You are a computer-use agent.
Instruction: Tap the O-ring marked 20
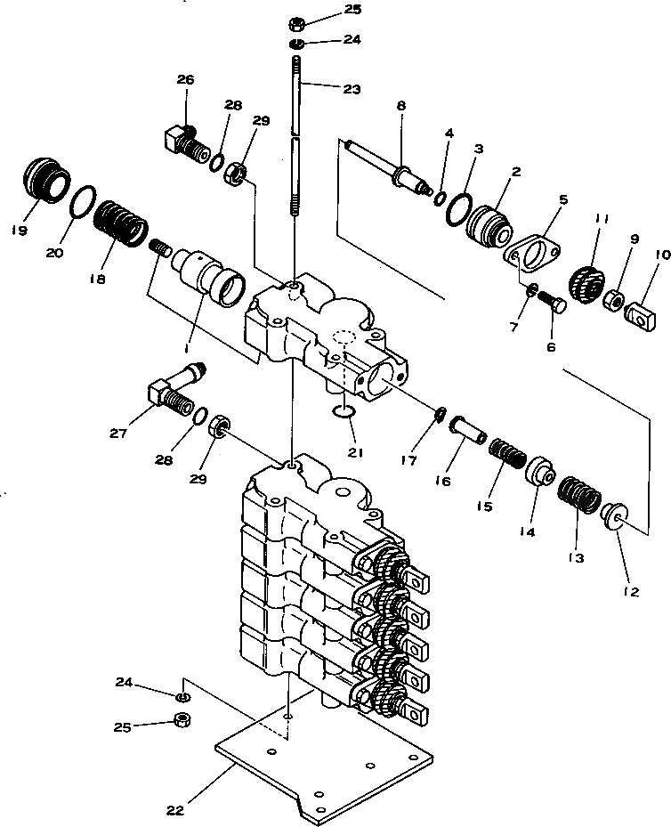(84, 201)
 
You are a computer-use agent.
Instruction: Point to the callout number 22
(174, 810)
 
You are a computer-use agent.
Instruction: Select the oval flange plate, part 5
(534, 255)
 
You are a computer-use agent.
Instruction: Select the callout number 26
(184, 80)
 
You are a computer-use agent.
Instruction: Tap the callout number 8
(400, 105)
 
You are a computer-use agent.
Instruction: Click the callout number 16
(442, 481)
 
